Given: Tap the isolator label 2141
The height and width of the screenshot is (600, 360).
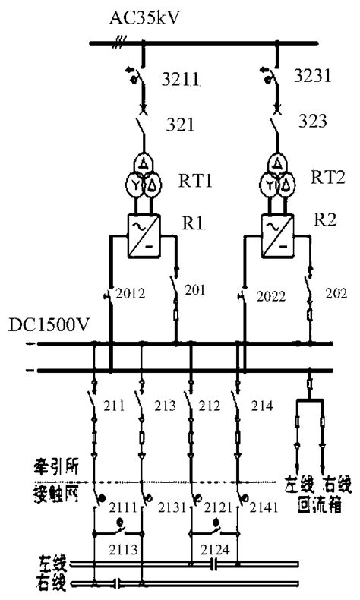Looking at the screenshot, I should point(266,505).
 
